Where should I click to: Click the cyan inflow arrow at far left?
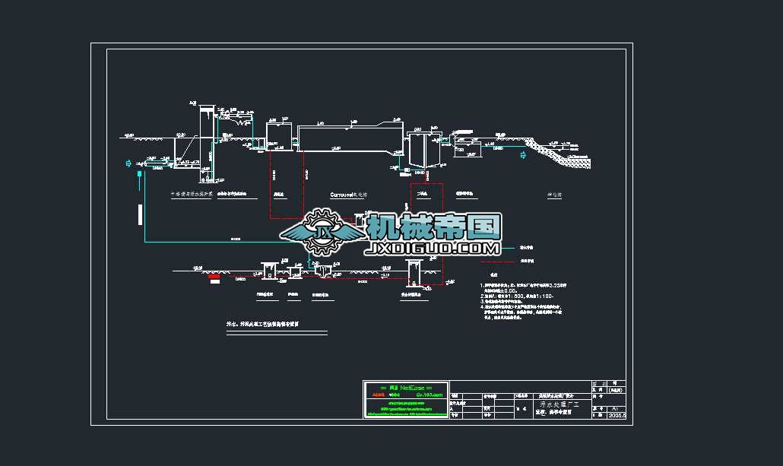pos(128,163)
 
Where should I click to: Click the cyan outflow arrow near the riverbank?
pos(522,156)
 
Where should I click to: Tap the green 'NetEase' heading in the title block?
pos(406,388)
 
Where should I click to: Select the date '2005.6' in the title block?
pos(617,416)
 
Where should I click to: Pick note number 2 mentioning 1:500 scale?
pos(517,295)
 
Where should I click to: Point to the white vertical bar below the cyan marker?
pos(139,215)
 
